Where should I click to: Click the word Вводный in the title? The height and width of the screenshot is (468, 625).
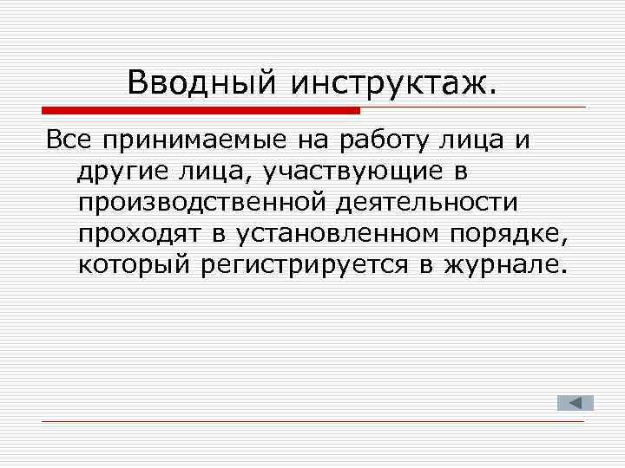[201, 83]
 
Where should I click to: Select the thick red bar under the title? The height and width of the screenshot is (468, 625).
[201, 110]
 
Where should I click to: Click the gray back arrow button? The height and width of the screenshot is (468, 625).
[575, 402]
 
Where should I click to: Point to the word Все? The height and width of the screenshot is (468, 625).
[68, 140]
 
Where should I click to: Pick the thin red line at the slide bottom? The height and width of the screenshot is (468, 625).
[312, 421]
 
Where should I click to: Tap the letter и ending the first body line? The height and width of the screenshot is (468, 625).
[522, 140]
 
